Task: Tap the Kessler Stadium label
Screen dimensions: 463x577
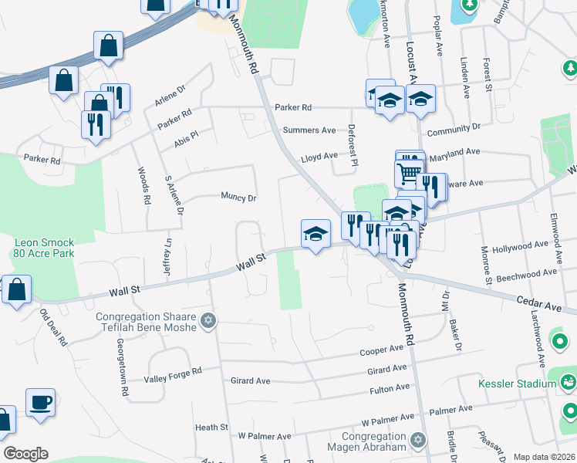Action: click(528, 384)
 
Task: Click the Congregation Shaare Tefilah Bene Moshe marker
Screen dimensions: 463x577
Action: click(207, 319)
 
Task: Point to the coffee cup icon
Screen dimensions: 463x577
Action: click(40, 402)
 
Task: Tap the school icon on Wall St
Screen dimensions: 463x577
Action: click(315, 234)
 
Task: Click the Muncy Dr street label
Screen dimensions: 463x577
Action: click(238, 198)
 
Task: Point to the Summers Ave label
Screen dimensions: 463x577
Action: click(309, 130)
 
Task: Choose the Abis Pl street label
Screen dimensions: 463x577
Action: click(187, 133)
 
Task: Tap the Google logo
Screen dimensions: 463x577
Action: click(25, 454)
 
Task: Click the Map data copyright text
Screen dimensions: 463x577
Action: click(544, 457)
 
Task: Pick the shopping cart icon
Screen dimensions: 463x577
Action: click(410, 171)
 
